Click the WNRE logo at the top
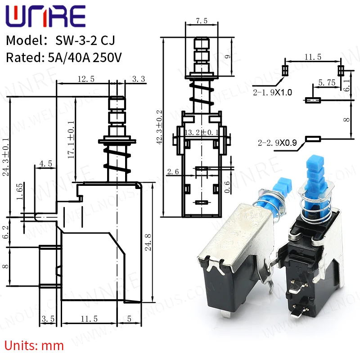[x=45, y=17]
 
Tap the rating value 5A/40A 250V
[x=82, y=58]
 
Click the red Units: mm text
[x=35, y=346]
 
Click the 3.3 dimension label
[x=139, y=79]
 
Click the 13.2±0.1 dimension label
[x=201, y=132]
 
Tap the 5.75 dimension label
[x=326, y=83]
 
